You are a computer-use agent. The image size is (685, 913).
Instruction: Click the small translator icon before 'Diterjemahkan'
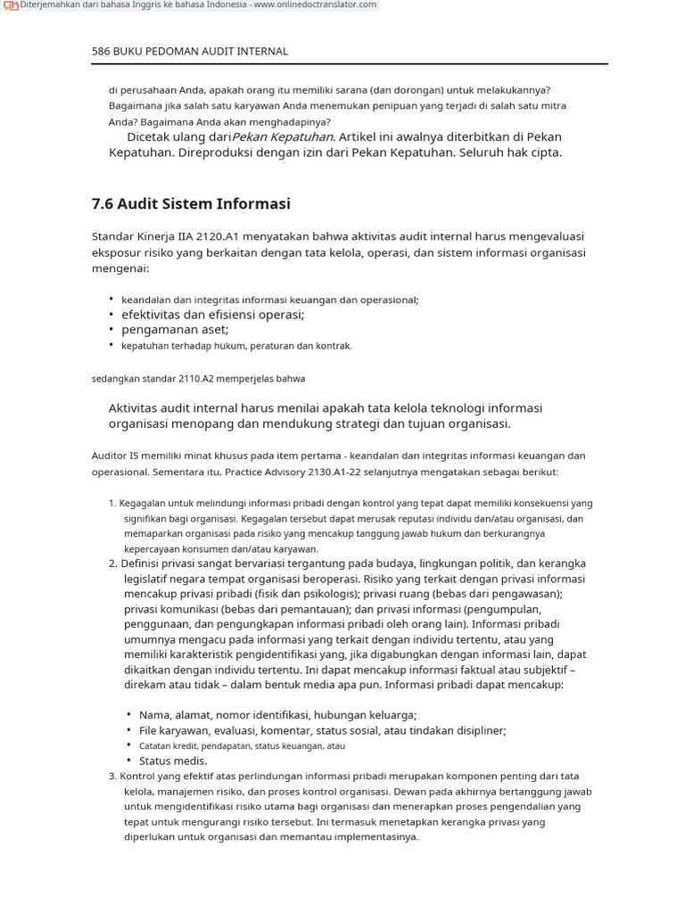[x=11, y=5]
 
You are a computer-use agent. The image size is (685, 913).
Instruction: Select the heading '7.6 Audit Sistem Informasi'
[x=191, y=203]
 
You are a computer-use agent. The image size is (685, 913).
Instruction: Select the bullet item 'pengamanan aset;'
[x=175, y=330]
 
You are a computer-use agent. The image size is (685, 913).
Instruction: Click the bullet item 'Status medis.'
[x=173, y=761]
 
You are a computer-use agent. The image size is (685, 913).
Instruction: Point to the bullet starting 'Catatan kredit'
[x=241, y=745]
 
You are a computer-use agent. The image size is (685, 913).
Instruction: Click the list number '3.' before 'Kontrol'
[x=112, y=776]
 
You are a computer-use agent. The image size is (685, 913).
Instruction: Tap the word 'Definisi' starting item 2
[x=144, y=563]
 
